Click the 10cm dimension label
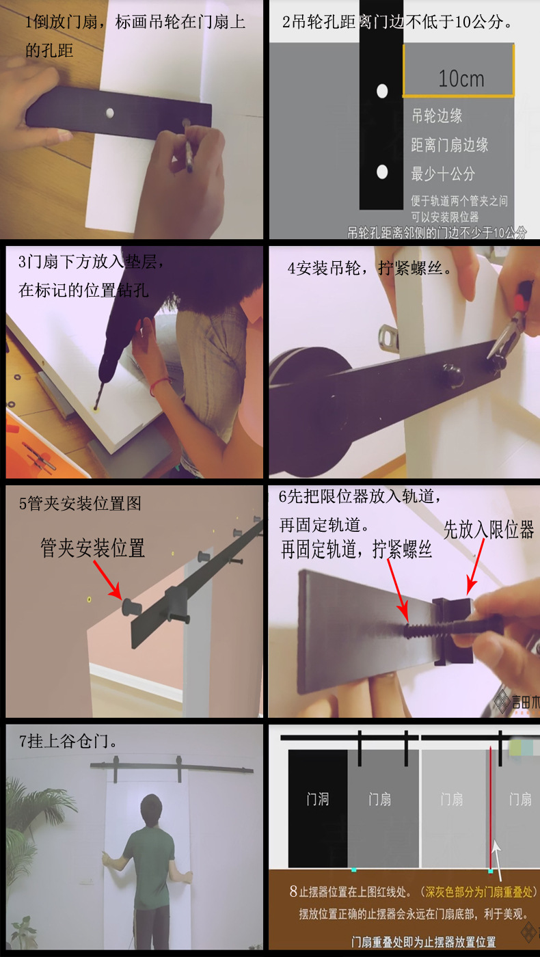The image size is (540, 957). [x=461, y=79]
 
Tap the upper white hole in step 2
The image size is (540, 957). [x=382, y=90]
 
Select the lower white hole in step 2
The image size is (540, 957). [x=382, y=172]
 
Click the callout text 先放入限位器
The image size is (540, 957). [x=488, y=530]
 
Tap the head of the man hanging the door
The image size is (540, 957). [x=150, y=807]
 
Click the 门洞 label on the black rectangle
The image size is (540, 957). [x=318, y=799]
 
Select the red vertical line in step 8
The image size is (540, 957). [x=490, y=807]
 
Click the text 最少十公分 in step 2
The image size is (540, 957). [x=443, y=174]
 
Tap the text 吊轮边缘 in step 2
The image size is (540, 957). [x=437, y=116]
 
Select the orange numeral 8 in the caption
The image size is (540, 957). [x=293, y=891]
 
